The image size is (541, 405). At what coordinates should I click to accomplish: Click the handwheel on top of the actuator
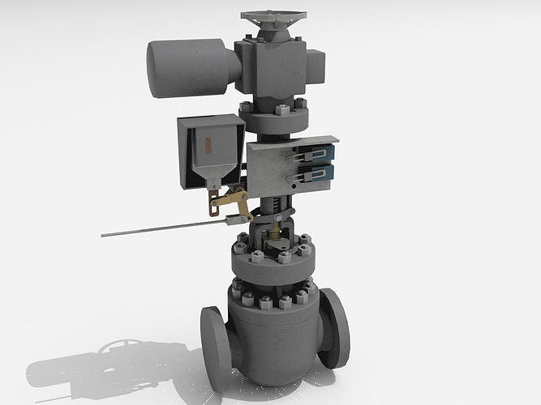point(273,17)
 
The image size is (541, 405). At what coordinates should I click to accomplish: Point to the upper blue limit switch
point(322,153)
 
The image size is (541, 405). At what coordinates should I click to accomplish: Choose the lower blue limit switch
point(322,173)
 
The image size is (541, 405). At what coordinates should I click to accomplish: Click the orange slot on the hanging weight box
point(208,147)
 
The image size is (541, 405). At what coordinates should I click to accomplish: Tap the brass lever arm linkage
point(231,198)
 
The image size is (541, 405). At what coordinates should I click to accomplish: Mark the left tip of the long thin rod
point(104,236)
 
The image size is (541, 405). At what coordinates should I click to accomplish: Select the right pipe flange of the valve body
point(334,327)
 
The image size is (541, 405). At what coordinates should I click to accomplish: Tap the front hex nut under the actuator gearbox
point(283,110)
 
